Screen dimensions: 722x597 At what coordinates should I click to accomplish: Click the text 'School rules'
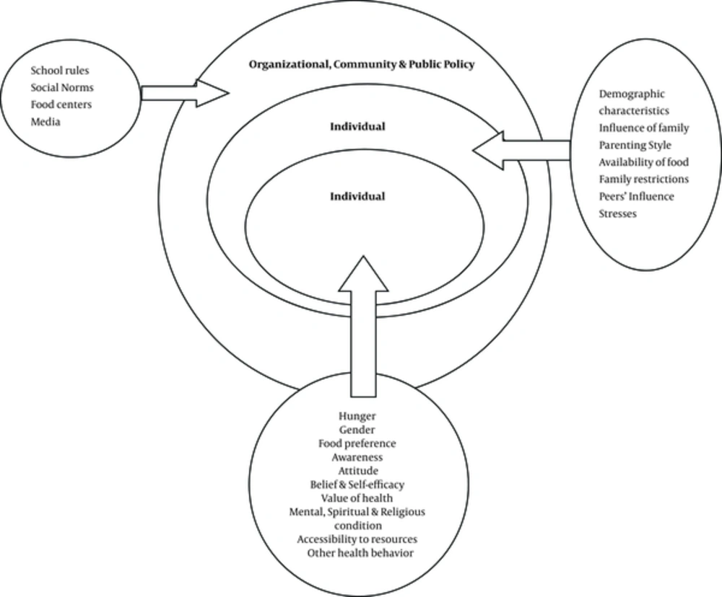(60, 71)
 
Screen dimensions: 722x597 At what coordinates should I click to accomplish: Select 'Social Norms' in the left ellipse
(62, 87)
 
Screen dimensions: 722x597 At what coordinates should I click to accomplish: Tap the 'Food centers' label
(61, 105)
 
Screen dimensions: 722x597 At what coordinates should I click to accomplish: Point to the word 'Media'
(45, 122)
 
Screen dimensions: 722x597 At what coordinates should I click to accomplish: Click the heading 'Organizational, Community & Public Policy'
(362, 64)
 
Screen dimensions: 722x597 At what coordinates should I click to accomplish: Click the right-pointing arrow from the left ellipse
(185, 93)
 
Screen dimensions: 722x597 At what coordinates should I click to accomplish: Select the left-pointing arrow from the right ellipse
(521, 150)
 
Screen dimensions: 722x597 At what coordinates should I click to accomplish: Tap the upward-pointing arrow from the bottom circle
(363, 326)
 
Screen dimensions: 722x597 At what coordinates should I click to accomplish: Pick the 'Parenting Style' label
(635, 146)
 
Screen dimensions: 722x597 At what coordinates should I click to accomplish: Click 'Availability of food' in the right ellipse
(644, 162)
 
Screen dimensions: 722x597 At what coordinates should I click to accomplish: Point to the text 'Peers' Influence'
(636, 196)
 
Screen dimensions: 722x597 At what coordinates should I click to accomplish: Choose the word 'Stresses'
(618, 213)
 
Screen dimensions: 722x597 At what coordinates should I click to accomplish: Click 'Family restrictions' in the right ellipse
(644, 179)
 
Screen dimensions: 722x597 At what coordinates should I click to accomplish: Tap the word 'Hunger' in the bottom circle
(357, 416)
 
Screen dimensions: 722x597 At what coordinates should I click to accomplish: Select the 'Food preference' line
(357, 443)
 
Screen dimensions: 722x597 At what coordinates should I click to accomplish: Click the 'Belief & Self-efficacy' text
(357, 485)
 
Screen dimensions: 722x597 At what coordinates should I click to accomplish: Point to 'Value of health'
(357, 498)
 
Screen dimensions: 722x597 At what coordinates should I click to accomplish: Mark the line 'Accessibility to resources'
(357, 539)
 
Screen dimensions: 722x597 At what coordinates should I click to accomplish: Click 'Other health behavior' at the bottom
(360, 553)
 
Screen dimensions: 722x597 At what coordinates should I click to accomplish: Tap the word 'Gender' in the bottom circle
(357, 430)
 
